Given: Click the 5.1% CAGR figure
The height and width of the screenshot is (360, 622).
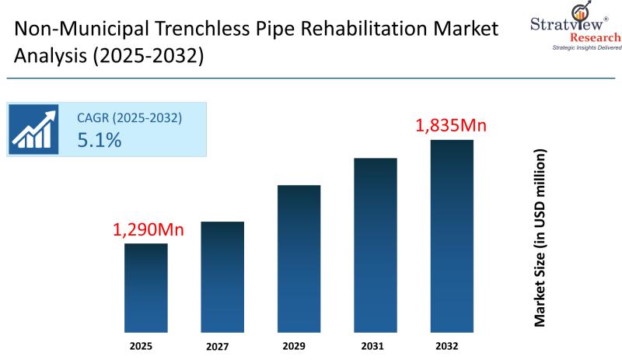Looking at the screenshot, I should (x=99, y=141).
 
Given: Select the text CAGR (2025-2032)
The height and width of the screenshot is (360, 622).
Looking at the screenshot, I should (x=129, y=118).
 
